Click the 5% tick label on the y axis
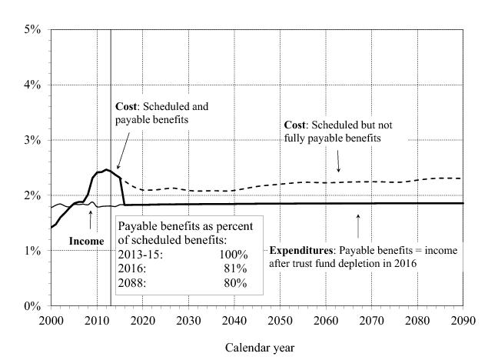[x=32, y=29]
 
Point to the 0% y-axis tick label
[x=32, y=306]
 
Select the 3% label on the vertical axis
[x=32, y=140]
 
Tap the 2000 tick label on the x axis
[x=51, y=319]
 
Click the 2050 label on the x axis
[x=281, y=319]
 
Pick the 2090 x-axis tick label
[x=464, y=319]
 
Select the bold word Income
[x=86, y=242]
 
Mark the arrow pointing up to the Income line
[x=91, y=219]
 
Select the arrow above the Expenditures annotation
[x=358, y=226]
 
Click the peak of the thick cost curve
[x=107, y=169]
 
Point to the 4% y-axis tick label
[x=32, y=85]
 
